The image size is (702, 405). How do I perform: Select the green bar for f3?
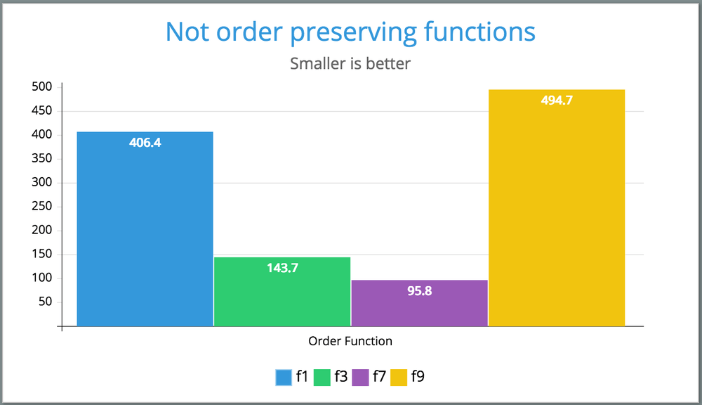[282, 292]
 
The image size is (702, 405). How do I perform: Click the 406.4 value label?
[145, 143]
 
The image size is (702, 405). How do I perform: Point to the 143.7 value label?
[282, 268]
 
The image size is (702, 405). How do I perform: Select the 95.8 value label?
[419, 290]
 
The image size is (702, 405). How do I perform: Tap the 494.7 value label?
[557, 101]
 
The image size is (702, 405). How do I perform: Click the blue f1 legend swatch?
[284, 378]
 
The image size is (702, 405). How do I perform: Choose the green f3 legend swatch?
[322, 378]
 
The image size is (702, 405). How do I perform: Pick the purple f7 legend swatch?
[361, 378]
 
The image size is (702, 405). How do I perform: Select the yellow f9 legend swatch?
[399, 378]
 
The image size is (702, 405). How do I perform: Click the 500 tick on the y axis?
[43, 87]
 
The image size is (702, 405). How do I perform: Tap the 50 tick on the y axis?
[46, 302]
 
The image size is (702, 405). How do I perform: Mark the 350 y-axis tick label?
[43, 159]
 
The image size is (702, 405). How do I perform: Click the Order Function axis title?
[350, 341]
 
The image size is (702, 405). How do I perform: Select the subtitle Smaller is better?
[350, 64]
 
